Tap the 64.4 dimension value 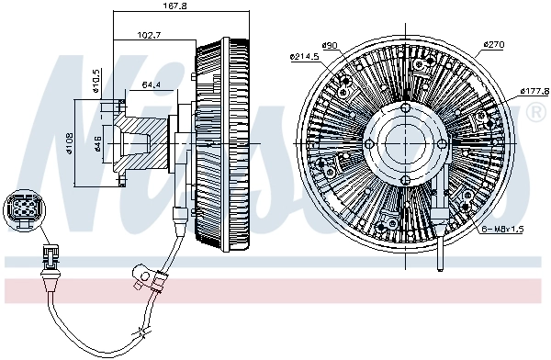click(152, 85)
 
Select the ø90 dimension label click(330, 46)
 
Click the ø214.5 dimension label click(303, 57)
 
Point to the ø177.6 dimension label click(532, 91)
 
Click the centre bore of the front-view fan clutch click(404, 144)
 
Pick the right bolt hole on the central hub click(442, 144)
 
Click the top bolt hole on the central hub click(405, 107)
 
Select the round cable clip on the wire click(141, 274)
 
